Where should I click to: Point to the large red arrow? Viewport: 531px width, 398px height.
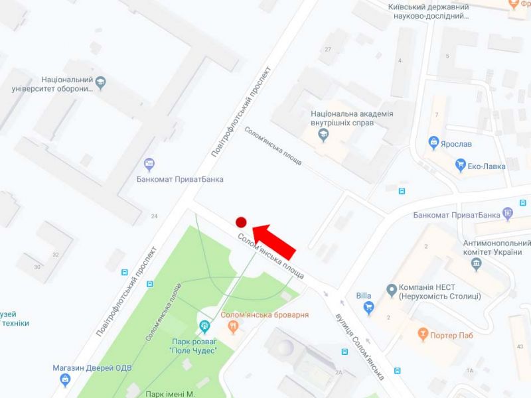coord(274,239)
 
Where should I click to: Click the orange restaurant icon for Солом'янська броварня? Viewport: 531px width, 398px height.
coord(233,326)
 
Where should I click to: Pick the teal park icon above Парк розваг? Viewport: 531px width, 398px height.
coord(204,325)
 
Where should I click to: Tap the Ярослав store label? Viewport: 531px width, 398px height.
coord(459,142)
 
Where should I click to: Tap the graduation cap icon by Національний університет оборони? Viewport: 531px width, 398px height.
coord(101,83)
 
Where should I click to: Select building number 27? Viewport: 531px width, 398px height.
coord(327,50)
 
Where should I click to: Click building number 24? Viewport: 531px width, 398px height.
coord(155,216)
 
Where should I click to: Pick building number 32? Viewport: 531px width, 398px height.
coord(56,254)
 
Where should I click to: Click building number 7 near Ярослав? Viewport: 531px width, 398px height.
coord(436,115)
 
